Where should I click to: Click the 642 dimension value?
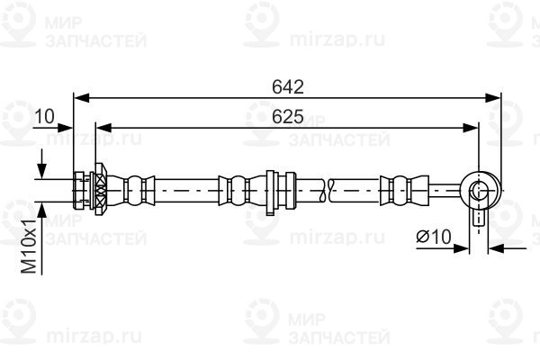click(288, 86)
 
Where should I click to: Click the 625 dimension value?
click(288, 116)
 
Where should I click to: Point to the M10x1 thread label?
click(29, 246)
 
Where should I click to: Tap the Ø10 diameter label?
click(434, 237)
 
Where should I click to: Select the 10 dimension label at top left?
click(44, 116)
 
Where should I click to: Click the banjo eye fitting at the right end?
click(480, 190)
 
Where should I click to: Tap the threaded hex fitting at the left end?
click(81, 190)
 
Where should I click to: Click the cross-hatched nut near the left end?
click(100, 190)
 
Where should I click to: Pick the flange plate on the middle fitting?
click(270, 193)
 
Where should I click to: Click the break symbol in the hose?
click(326, 190)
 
